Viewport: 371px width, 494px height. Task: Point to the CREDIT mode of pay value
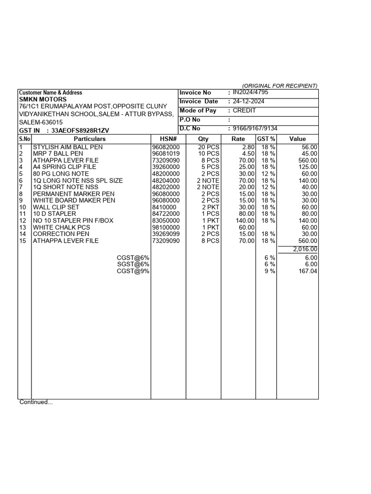coord(244,110)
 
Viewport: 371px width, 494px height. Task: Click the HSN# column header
coord(168,139)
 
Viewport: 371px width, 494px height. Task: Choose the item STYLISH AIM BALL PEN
coord(68,147)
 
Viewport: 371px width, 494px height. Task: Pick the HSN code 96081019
coord(166,153)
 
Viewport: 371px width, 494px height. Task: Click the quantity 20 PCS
coord(209,147)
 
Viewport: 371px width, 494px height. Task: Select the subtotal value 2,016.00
coord(305,249)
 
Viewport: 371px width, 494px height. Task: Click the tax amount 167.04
coord(308,271)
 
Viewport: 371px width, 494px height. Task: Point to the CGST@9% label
coord(133,271)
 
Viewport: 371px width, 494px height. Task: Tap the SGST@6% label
coord(133,264)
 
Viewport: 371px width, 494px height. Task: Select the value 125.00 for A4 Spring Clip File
coord(307,167)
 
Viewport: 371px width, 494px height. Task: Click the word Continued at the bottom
coord(36,402)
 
